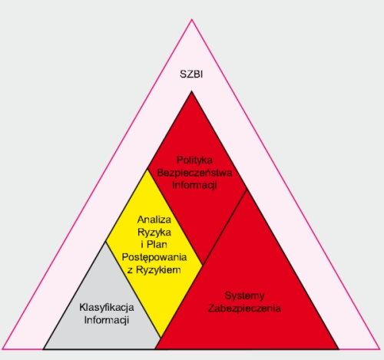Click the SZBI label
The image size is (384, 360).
click(x=191, y=74)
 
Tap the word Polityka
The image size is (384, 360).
click(x=194, y=160)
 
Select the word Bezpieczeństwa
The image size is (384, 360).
click(x=194, y=173)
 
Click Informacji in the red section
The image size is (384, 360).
click(x=194, y=185)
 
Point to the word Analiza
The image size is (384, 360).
click(x=154, y=220)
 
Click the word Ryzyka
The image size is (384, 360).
click(x=154, y=233)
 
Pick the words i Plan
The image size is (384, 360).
click(x=154, y=245)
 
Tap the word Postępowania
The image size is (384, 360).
click(x=154, y=257)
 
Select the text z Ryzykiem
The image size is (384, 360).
click(x=154, y=269)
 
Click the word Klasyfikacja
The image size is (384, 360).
click(x=107, y=308)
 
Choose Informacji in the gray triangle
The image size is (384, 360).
click(x=107, y=320)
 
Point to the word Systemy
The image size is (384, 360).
click(x=244, y=296)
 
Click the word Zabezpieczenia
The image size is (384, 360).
click(x=244, y=308)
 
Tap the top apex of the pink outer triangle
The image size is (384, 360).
click(x=191, y=19)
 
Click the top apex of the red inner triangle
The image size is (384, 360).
click(x=191, y=91)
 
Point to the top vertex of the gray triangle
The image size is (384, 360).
click(x=105, y=242)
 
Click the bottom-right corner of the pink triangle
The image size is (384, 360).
click(x=380, y=348)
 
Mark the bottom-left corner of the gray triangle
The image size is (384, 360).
click(x=44, y=348)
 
